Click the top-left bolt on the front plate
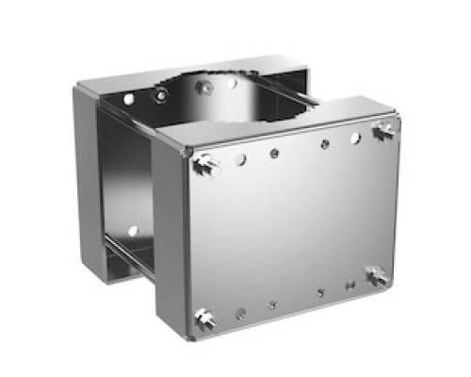pyautogui.click(x=203, y=167)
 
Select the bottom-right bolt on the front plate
pyautogui.click(x=376, y=274)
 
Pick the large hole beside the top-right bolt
pyautogui.click(x=355, y=138)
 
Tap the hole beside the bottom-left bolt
pyautogui.click(x=240, y=313)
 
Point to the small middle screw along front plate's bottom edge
pyautogui.click(x=271, y=304)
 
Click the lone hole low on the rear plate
pyautogui.click(x=133, y=229)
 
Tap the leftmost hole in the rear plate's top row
pyautogui.click(x=129, y=98)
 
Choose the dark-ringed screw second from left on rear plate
pyautogui.click(x=162, y=94)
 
